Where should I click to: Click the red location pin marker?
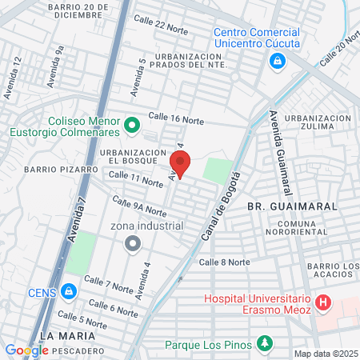[x=181, y=163]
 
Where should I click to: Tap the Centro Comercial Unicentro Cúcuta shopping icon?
[x=276, y=61]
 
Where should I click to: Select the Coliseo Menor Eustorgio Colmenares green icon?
[x=133, y=125]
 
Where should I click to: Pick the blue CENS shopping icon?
[x=69, y=290]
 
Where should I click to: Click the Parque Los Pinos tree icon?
[x=264, y=345]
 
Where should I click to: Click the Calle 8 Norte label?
[x=224, y=262]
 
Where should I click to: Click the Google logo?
[x=26, y=350]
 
